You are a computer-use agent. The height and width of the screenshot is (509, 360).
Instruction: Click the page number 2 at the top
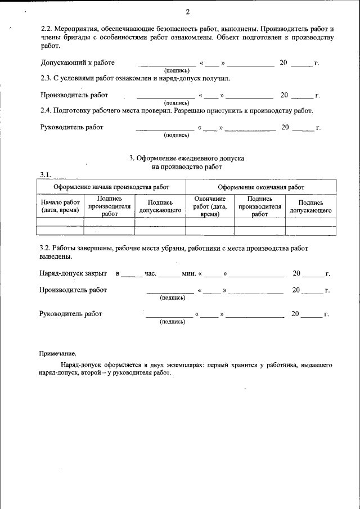[187, 12]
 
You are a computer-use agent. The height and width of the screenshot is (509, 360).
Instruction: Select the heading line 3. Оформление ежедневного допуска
[187, 159]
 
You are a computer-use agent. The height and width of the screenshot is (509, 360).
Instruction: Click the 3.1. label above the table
[46, 174]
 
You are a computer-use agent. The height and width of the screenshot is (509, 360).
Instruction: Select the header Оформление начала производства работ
[111, 187]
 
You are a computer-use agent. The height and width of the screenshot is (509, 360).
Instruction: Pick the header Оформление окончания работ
[261, 187]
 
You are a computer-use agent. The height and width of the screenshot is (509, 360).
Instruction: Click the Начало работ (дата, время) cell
[60, 206]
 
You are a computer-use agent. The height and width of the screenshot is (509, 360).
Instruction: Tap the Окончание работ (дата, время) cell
[210, 206]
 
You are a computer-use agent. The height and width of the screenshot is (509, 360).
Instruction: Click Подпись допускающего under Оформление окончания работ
[310, 206]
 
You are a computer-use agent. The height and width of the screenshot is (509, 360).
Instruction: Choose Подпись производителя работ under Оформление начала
[110, 206]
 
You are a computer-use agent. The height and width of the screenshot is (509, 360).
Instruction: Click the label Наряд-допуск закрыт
[73, 274]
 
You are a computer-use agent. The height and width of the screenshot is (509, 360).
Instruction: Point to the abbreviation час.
[150, 274]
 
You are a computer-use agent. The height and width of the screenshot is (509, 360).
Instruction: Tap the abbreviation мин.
[188, 274]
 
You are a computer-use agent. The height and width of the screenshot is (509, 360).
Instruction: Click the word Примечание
[57, 354]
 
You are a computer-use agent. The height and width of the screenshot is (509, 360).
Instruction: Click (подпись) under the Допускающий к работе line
[176, 71]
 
